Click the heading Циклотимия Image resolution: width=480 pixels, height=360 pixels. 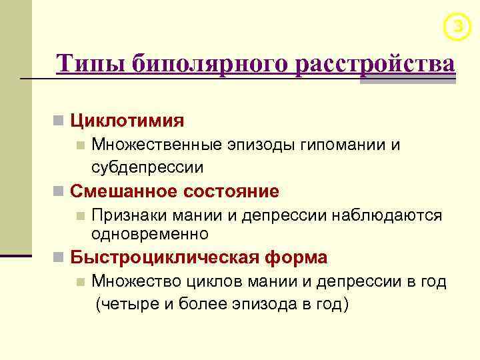127,121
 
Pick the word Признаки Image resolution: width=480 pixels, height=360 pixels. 127,215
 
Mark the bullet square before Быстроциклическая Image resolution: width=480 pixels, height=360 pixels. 59,258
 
